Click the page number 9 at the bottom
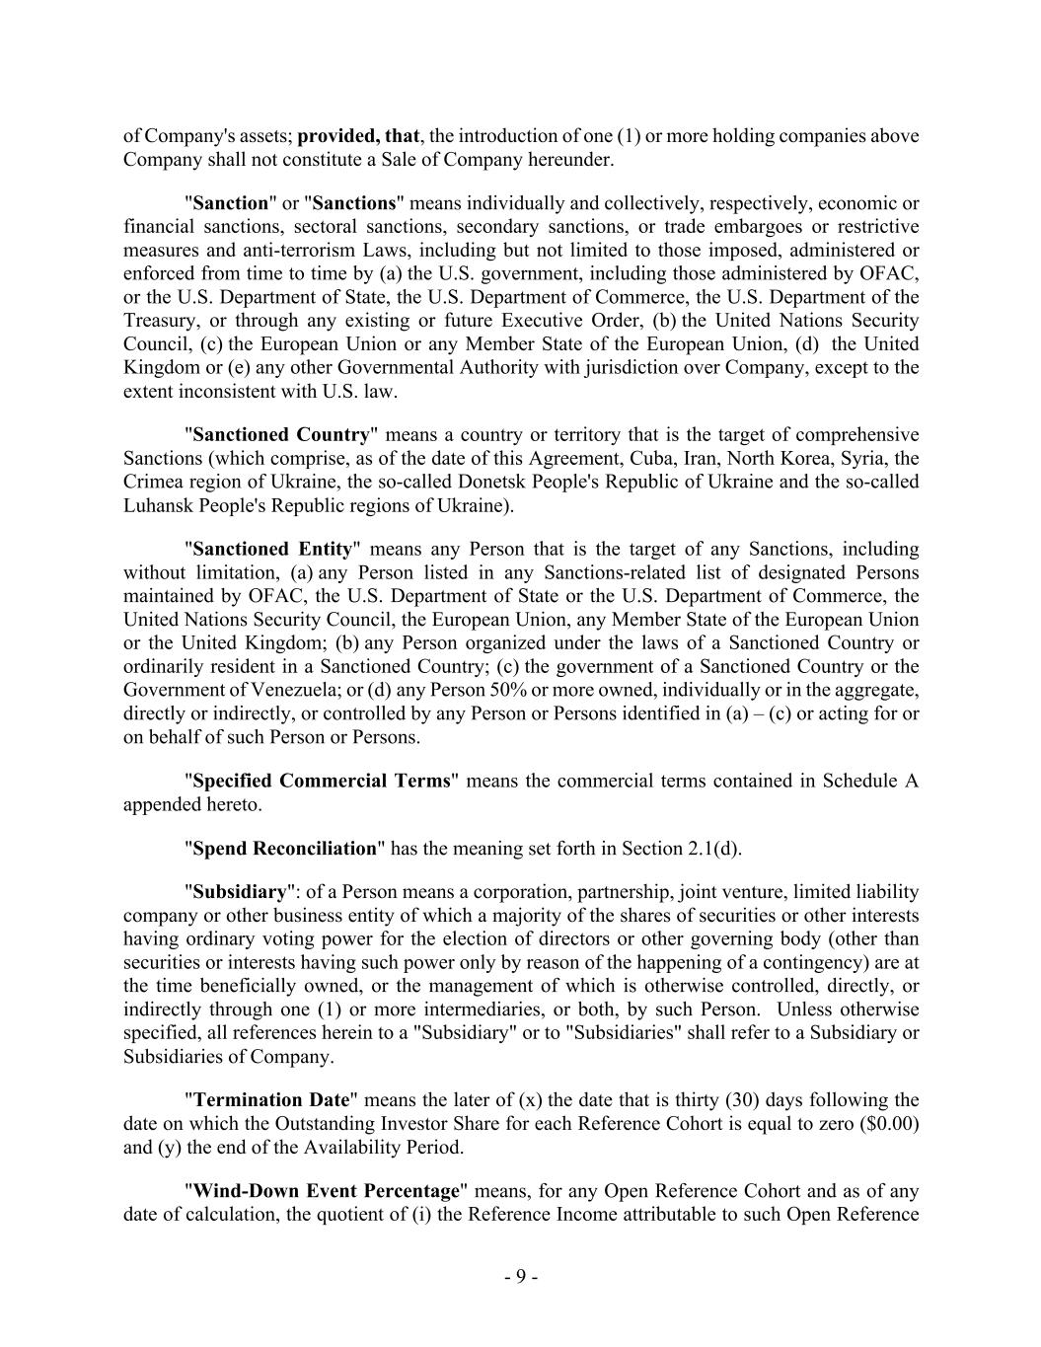tap(520, 1277)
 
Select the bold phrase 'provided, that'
tap(358, 136)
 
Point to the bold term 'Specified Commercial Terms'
tap(322, 781)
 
